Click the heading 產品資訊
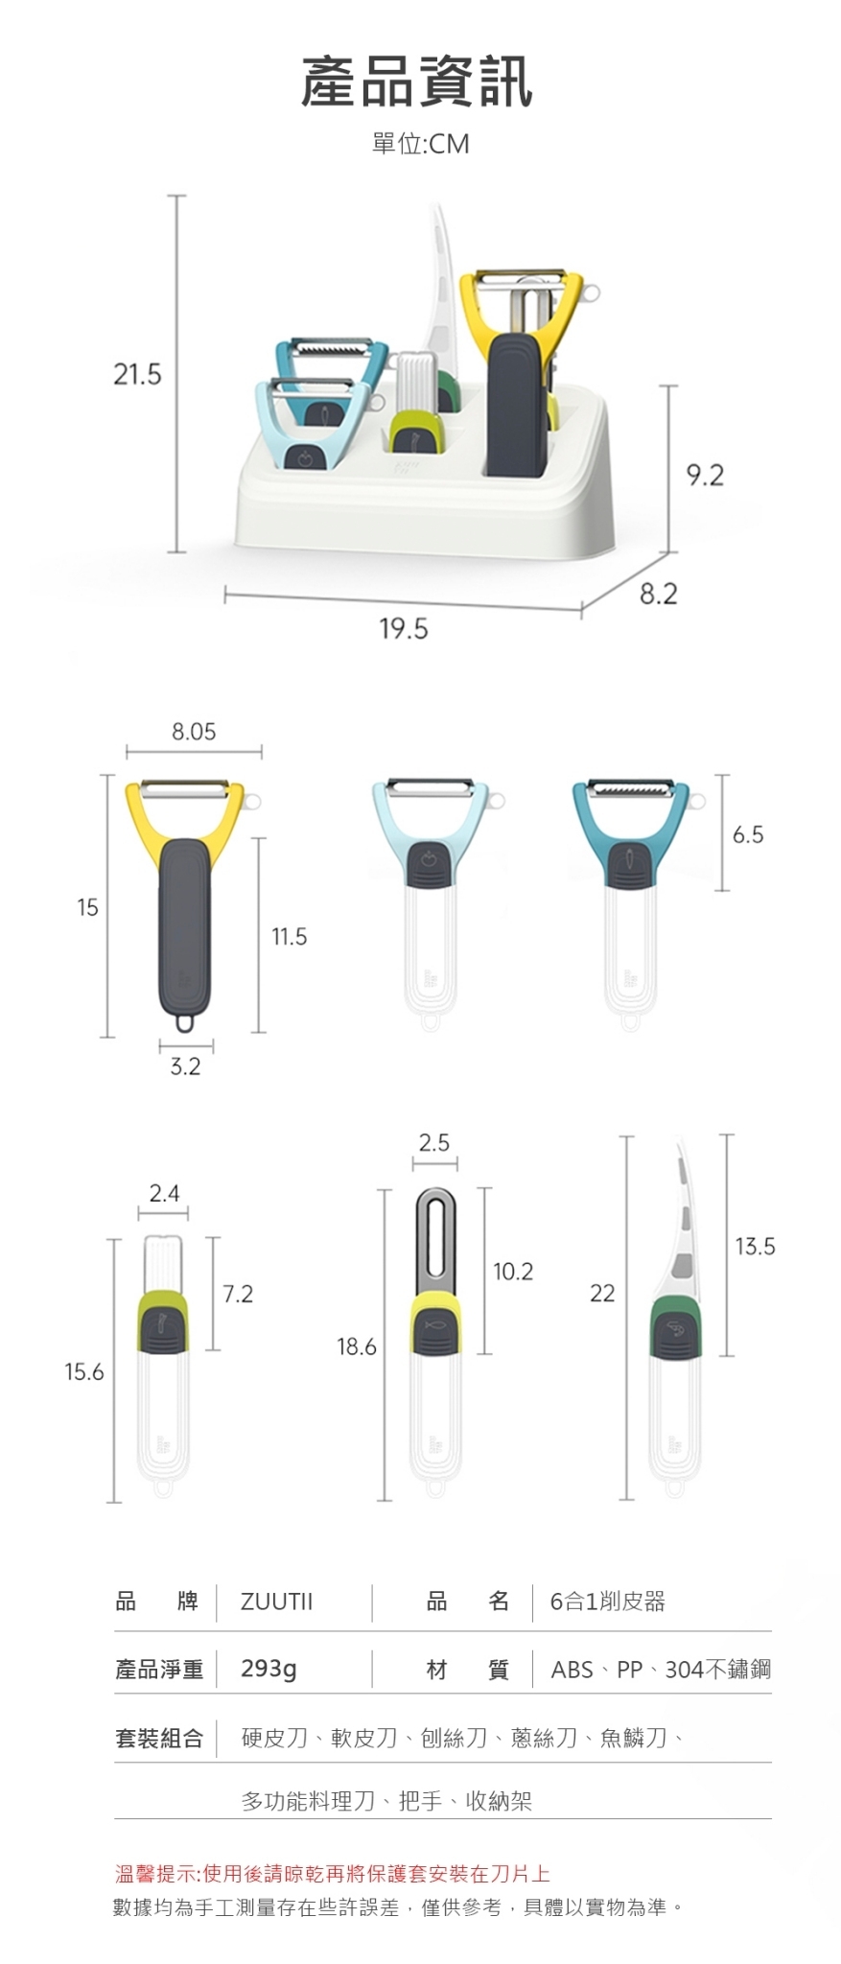(417, 82)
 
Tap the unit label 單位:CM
(420, 144)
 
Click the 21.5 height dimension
(138, 374)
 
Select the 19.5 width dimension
(404, 629)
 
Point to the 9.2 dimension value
(706, 476)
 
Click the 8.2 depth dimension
(658, 595)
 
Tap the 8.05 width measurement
(194, 732)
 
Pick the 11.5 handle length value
(289, 936)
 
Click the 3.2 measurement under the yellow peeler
(185, 1066)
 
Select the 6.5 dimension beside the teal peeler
(748, 834)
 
